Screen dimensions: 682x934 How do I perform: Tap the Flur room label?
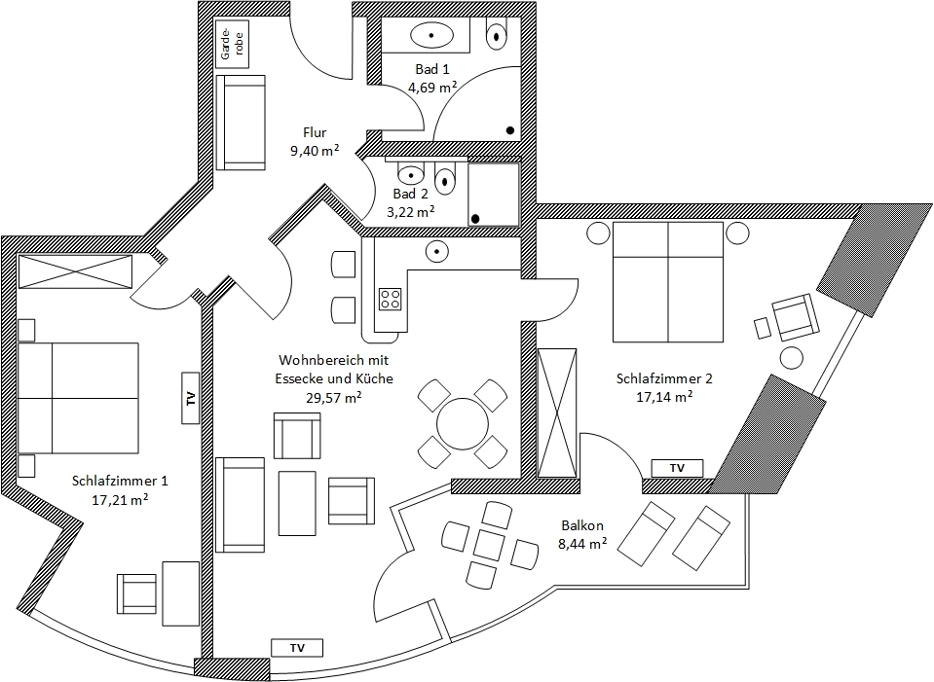tap(314, 133)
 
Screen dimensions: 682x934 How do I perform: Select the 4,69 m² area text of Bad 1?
tap(433, 87)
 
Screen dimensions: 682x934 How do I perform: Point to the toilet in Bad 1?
tap(497, 36)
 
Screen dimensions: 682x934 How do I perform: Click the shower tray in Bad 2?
tap(494, 194)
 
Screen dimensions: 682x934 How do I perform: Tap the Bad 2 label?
tap(411, 194)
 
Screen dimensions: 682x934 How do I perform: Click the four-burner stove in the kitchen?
tap(391, 298)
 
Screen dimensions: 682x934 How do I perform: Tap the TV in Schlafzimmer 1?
tap(191, 398)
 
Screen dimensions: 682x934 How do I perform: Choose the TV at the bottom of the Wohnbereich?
tap(298, 647)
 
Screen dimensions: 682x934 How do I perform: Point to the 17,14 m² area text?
tap(664, 397)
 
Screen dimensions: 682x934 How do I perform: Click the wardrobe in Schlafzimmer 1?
tap(75, 271)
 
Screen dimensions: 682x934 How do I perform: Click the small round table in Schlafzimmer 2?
tap(791, 357)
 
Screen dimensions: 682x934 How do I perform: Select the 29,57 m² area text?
tap(333, 397)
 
